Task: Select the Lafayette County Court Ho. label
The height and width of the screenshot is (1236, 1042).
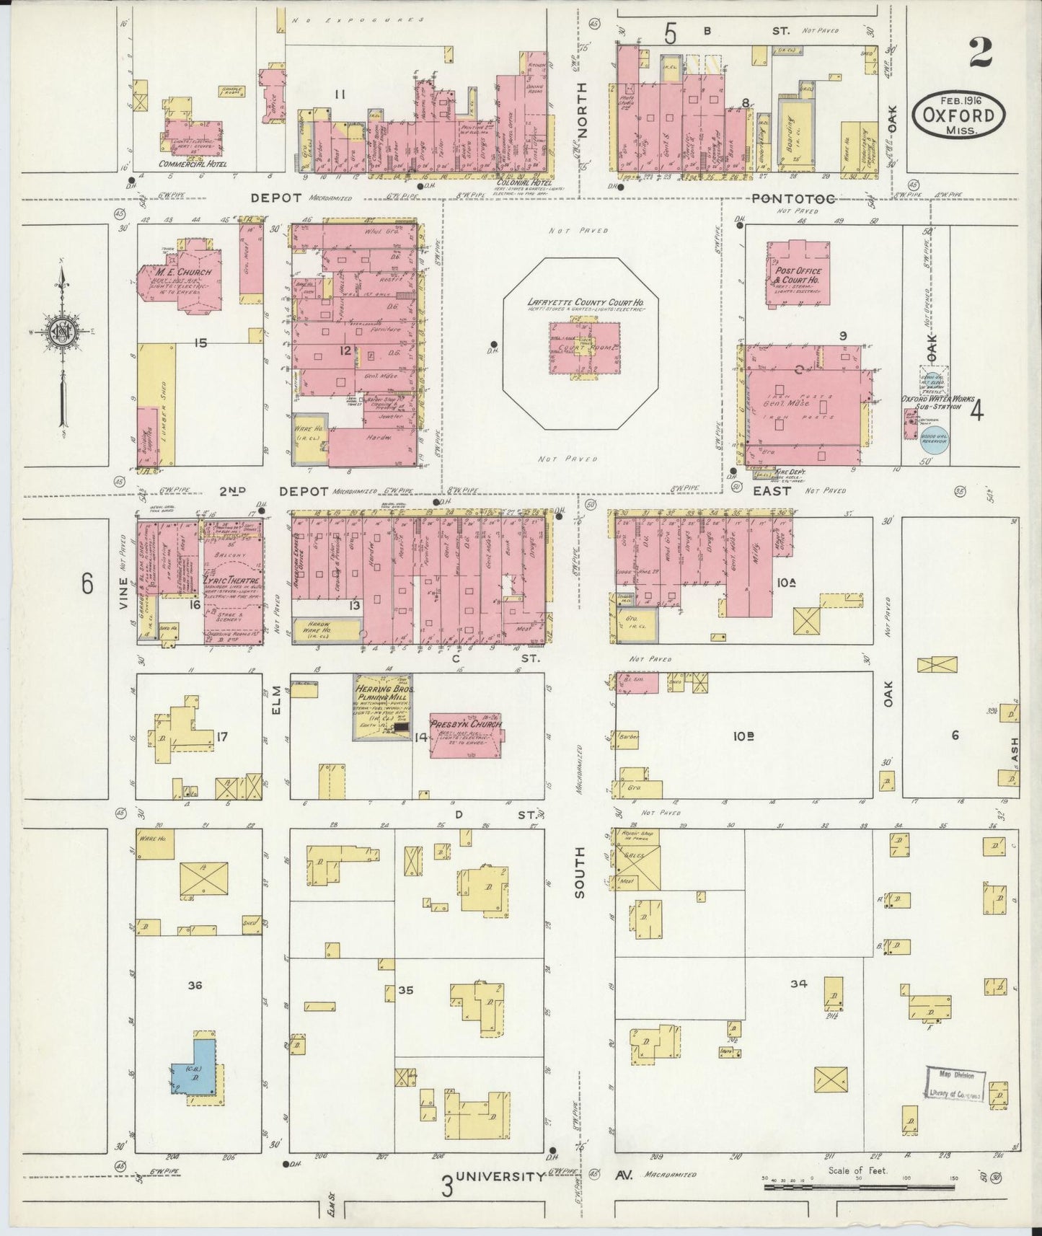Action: point(585,303)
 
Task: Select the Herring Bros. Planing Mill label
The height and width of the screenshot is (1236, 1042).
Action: point(382,694)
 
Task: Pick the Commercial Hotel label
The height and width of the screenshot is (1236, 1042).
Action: point(193,164)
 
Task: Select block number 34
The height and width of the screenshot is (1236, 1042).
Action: point(798,983)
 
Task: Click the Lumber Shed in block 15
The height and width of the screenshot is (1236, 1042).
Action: point(165,404)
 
